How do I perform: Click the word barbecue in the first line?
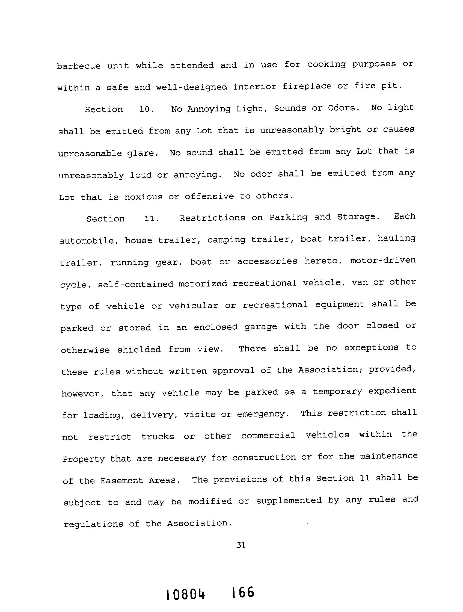coord(79,66)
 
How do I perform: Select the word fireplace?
coord(307,86)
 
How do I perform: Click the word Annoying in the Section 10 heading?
coord(209,109)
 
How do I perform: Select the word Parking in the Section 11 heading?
coord(289,217)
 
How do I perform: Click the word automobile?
coord(89,241)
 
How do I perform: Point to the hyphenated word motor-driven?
coord(383,260)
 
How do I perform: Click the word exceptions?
coord(371,347)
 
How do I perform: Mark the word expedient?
coord(392,391)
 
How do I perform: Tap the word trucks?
coord(158,437)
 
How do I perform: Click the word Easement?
coord(121,480)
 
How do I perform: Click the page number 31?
coord(241,545)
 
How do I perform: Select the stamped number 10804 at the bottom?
coord(186,594)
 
